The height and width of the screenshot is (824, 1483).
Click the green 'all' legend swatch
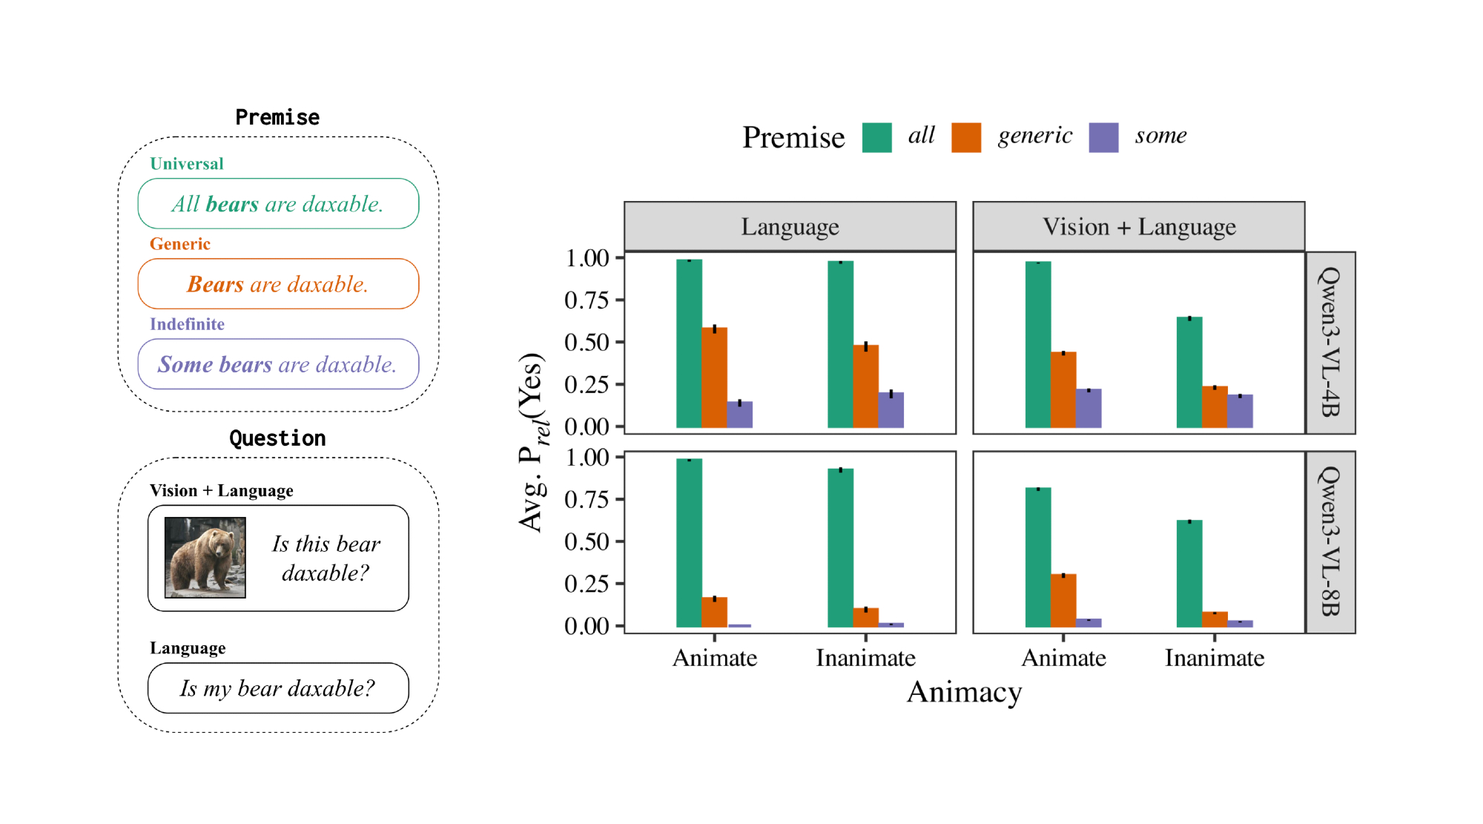coord(876,138)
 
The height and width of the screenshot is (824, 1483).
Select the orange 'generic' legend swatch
coord(966,138)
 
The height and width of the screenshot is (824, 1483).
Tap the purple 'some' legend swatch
coord(1103,138)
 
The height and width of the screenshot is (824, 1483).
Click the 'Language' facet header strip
coord(790,226)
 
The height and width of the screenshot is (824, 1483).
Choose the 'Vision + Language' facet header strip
coord(1138,226)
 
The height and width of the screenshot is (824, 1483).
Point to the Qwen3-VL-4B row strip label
coord(1330,343)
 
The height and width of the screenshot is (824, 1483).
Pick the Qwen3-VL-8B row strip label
coord(1330,541)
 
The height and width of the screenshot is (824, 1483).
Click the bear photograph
coord(205,558)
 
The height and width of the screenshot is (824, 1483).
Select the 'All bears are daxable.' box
coord(278,204)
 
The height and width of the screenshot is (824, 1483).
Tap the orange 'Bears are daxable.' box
coord(278,284)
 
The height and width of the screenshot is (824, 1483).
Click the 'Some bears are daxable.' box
coord(278,364)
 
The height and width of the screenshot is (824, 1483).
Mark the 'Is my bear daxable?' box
coord(278,688)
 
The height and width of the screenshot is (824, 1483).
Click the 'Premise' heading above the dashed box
coord(277,117)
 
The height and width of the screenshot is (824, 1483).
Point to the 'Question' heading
coord(277,438)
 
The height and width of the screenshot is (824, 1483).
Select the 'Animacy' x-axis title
coord(964,692)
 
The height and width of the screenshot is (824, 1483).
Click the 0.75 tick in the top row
coord(587,300)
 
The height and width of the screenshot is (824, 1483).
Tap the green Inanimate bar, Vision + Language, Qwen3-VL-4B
coord(1189,372)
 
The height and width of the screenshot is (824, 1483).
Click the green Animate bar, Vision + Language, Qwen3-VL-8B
coord(1038,557)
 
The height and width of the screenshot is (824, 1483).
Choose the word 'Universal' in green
coord(187,164)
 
